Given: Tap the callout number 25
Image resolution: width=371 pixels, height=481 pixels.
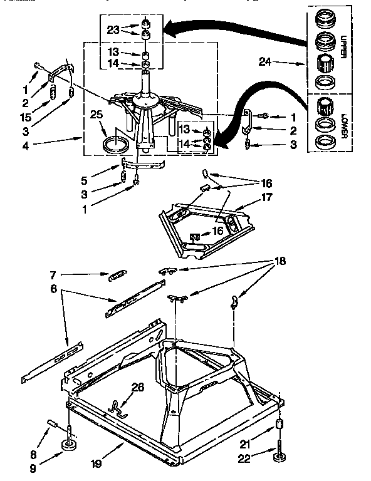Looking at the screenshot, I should (95, 115).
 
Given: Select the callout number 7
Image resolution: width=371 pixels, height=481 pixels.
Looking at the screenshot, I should (54, 274).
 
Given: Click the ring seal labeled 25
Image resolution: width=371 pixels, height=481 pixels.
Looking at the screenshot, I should (114, 146).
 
